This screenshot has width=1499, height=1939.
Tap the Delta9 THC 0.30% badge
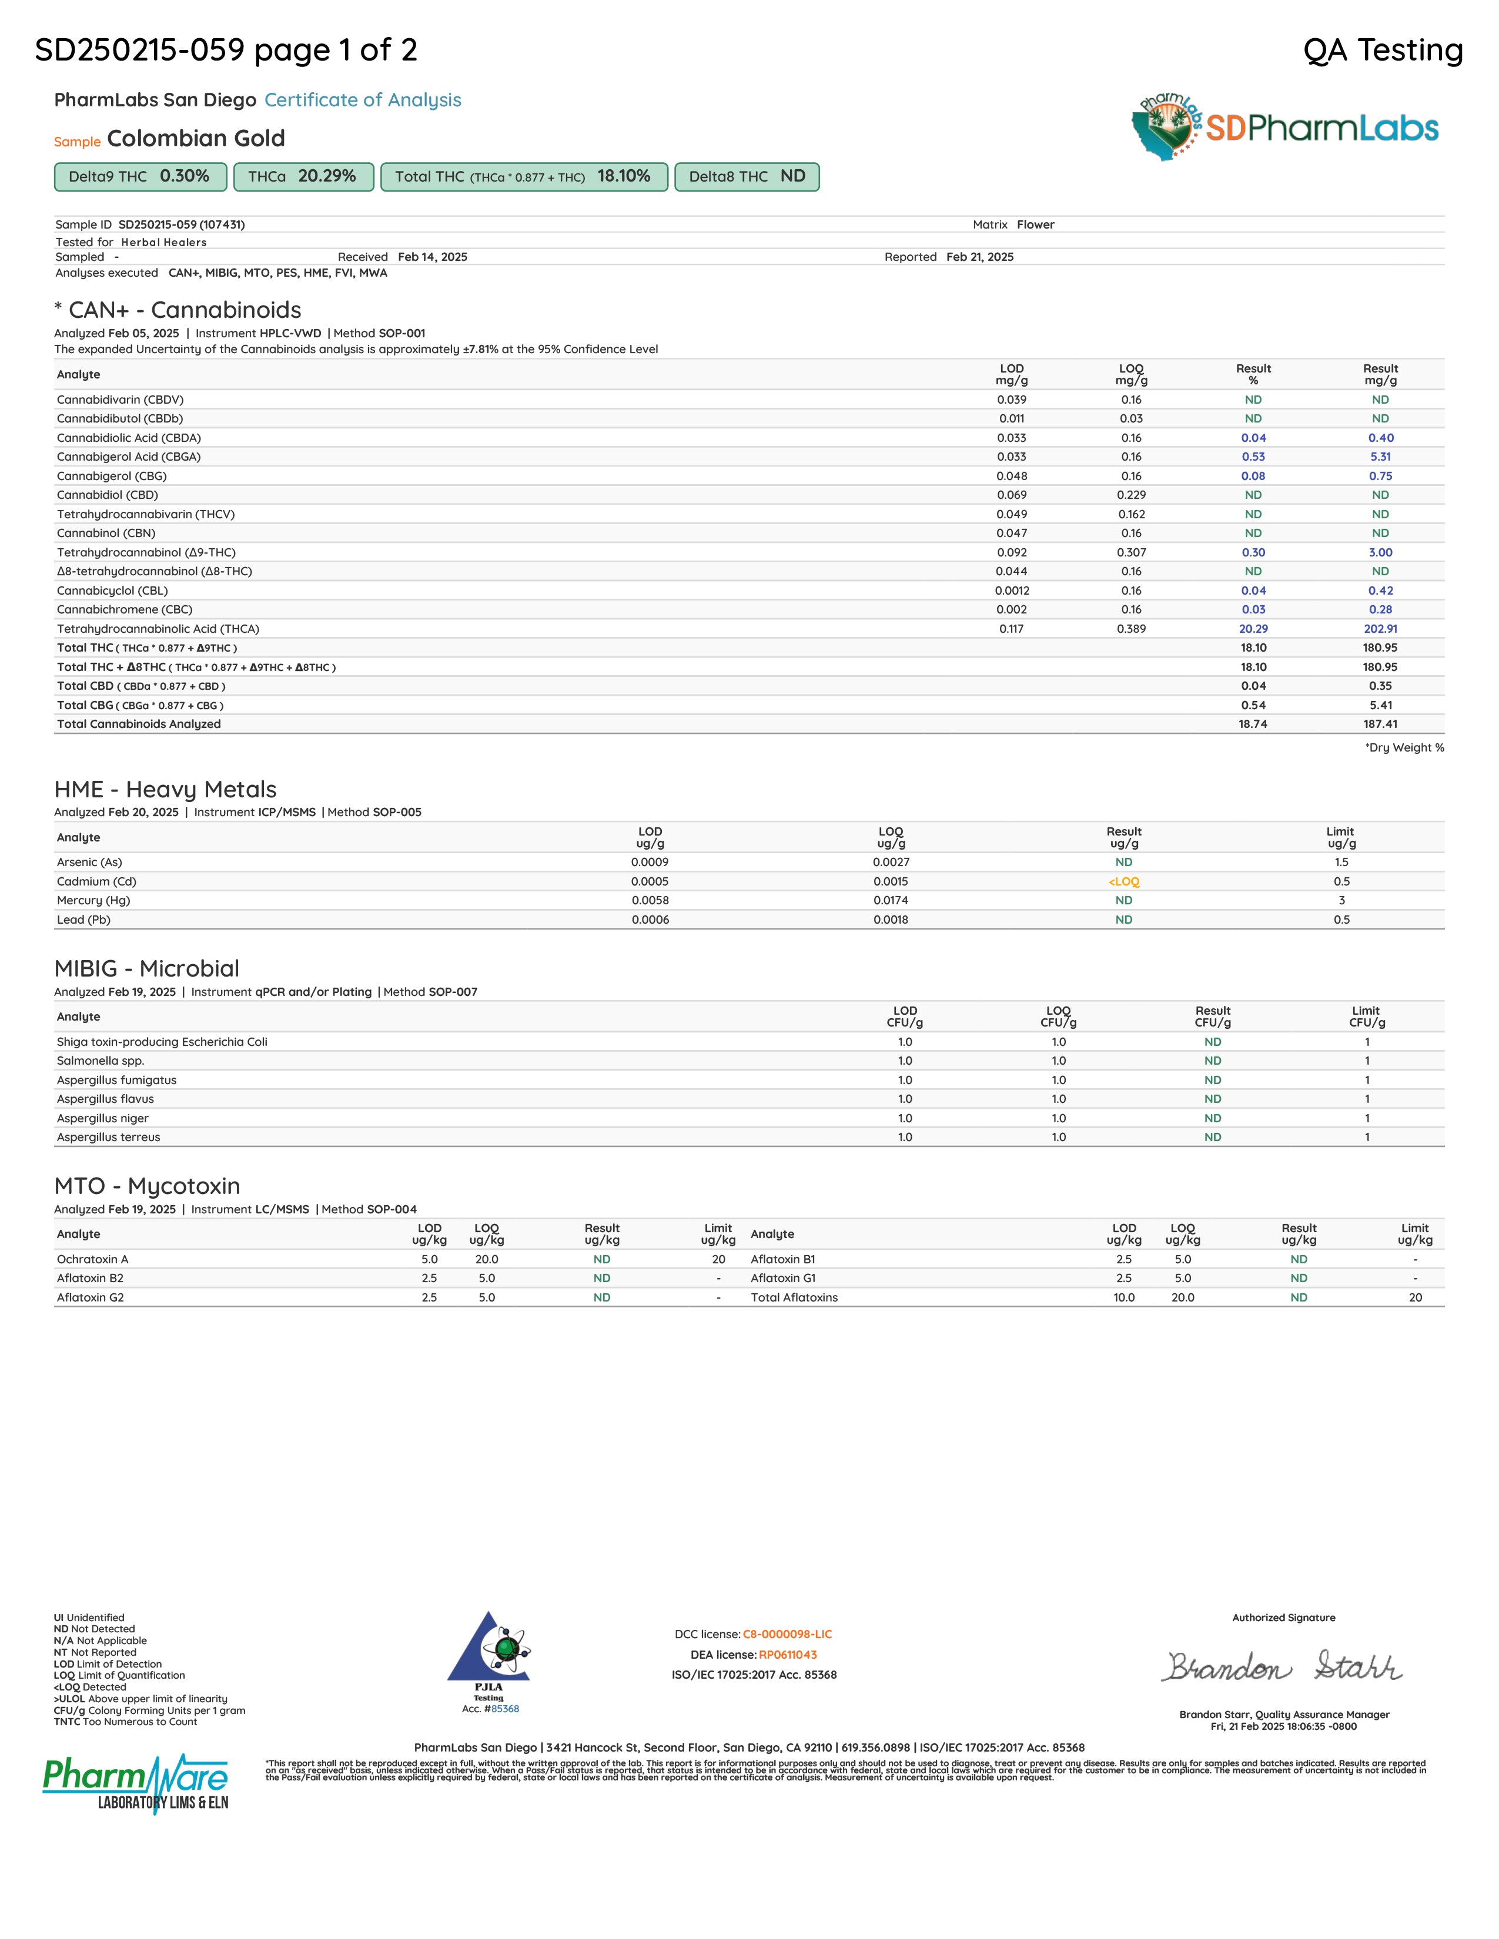pos(140,177)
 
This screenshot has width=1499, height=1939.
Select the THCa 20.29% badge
pos(303,177)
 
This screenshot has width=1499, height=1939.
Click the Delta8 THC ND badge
pos(746,177)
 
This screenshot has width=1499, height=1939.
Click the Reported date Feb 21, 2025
pos(979,257)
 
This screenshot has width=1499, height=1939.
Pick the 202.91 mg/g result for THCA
pos(1380,629)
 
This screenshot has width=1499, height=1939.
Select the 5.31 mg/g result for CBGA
pos(1380,457)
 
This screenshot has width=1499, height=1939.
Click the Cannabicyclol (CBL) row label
pos(112,591)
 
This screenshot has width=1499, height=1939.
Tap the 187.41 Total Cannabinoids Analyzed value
pos(1380,723)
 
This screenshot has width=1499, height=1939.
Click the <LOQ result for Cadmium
pos(1123,881)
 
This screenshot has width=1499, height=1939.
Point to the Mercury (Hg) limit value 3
pos(1341,900)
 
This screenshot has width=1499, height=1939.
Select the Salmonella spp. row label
pos(101,1061)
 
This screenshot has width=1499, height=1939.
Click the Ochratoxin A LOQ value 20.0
pos(487,1259)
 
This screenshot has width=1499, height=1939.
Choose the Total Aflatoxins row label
pos(794,1297)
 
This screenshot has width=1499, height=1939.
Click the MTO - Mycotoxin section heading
pos(148,1186)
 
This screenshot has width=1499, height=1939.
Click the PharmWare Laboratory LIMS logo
pos(136,1783)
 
